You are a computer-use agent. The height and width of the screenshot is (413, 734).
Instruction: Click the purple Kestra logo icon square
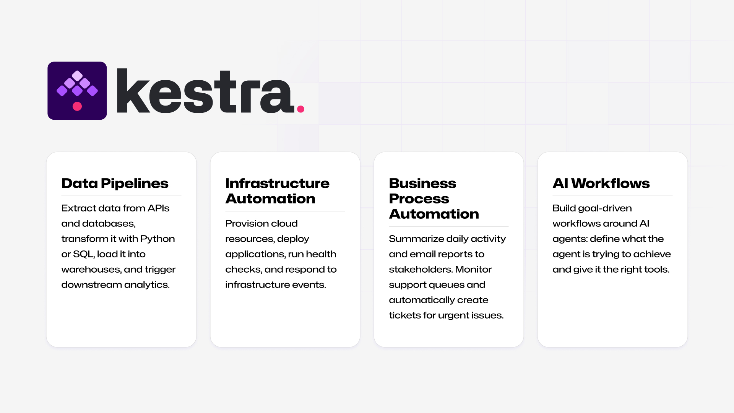click(x=77, y=91)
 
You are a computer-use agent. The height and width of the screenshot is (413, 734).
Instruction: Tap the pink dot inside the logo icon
click(x=77, y=106)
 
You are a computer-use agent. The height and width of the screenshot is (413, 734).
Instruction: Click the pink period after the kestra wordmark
click(x=301, y=109)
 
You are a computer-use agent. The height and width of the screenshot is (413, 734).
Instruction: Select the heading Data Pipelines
click(x=115, y=184)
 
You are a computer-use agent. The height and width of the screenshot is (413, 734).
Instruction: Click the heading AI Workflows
click(x=601, y=184)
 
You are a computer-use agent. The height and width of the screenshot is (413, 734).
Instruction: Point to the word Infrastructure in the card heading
click(x=277, y=184)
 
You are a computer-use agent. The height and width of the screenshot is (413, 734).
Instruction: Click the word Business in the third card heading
click(x=422, y=184)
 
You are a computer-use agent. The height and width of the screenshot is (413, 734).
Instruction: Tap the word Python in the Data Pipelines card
click(x=158, y=239)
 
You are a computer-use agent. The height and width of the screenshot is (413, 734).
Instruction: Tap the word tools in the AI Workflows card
click(x=656, y=269)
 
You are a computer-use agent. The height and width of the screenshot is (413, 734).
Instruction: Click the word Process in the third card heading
click(x=419, y=199)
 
